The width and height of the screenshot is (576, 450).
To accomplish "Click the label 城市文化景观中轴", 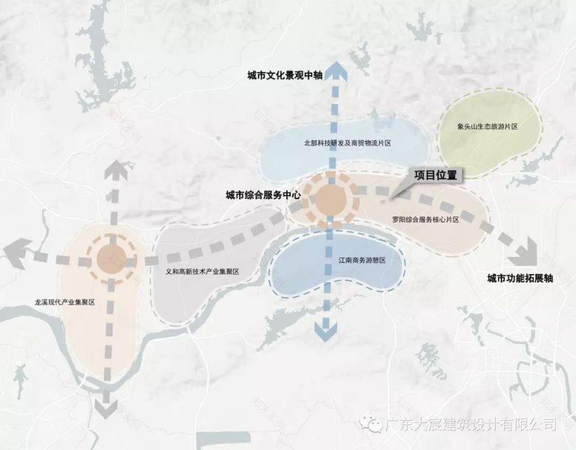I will click(285, 76).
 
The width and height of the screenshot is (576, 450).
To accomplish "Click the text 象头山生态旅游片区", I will click(488, 126).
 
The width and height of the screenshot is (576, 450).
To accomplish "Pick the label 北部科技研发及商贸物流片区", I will click(347, 143).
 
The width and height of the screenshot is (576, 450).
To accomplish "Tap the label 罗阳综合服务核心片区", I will click(425, 220).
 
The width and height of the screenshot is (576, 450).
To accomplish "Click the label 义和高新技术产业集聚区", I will click(202, 271).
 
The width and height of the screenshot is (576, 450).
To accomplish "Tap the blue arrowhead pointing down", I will click(322, 332).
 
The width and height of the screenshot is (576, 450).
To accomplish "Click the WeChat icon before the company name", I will click(375, 426).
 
